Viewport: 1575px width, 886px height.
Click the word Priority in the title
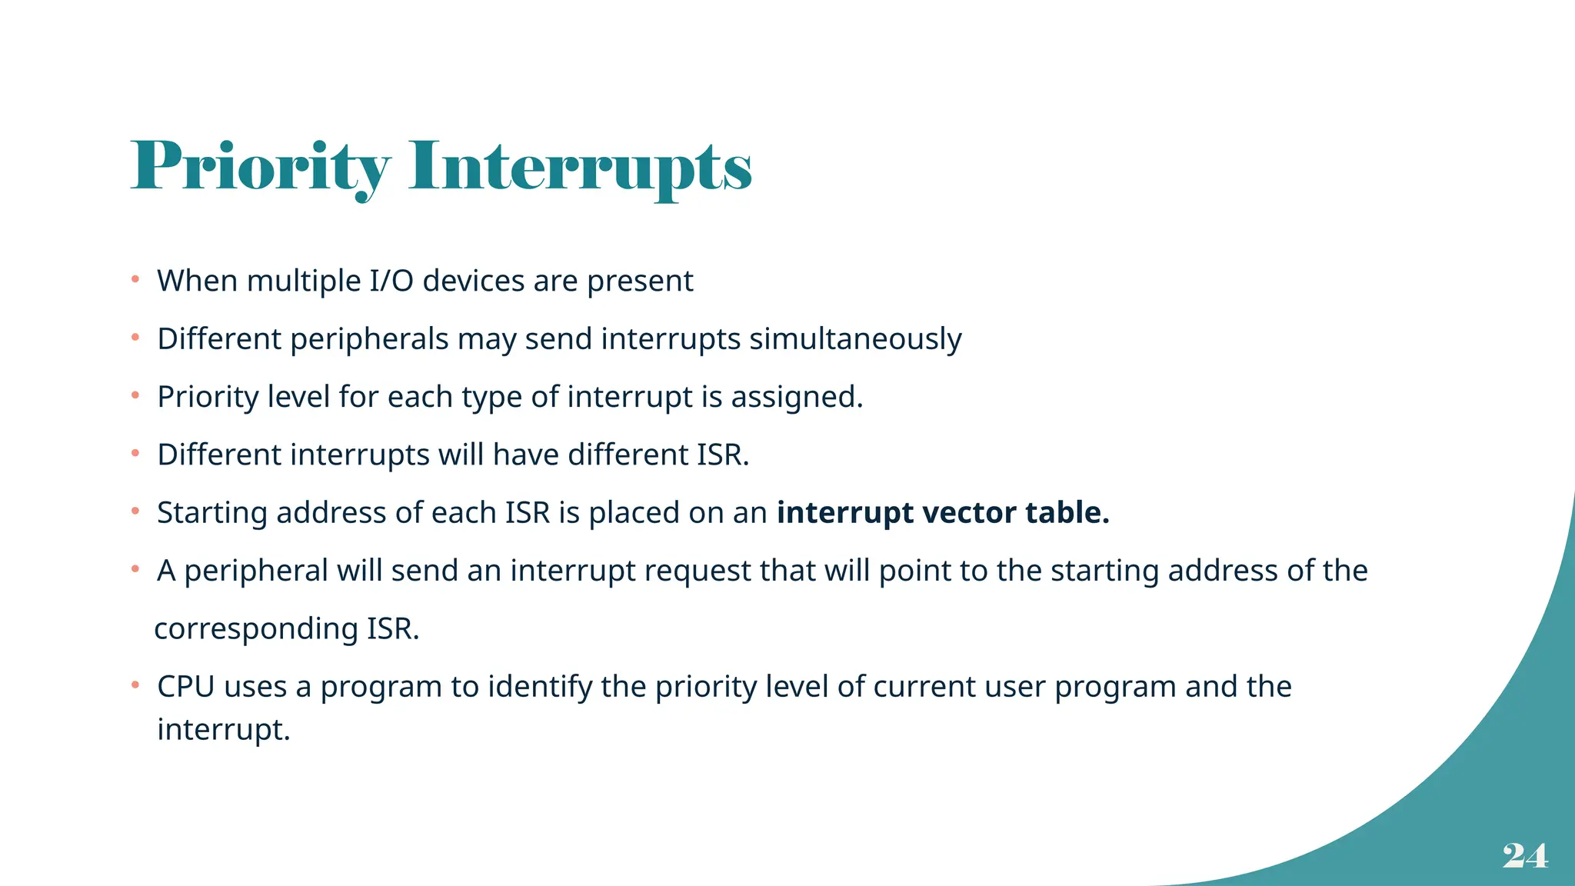pyautogui.click(x=260, y=167)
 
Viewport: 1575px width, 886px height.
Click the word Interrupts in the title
pyautogui.click(x=580, y=167)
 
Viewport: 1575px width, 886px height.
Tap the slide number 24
pyautogui.click(x=1525, y=855)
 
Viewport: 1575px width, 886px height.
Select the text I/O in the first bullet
pyautogui.click(x=391, y=281)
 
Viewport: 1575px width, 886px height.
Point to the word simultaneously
pyautogui.click(x=855, y=339)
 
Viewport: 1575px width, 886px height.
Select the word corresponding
pyautogui.click(x=256, y=629)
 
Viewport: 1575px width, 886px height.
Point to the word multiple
pyautogui.click(x=303, y=281)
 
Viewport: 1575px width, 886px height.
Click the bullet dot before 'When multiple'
pyautogui.click(x=135, y=279)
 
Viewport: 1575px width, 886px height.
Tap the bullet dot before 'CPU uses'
pyautogui.click(x=135, y=684)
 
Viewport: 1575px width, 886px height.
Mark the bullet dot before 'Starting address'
pyautogui.click(x=135, y=511)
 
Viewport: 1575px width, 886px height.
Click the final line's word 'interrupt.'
pyautogui.click(x=224, y=729)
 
